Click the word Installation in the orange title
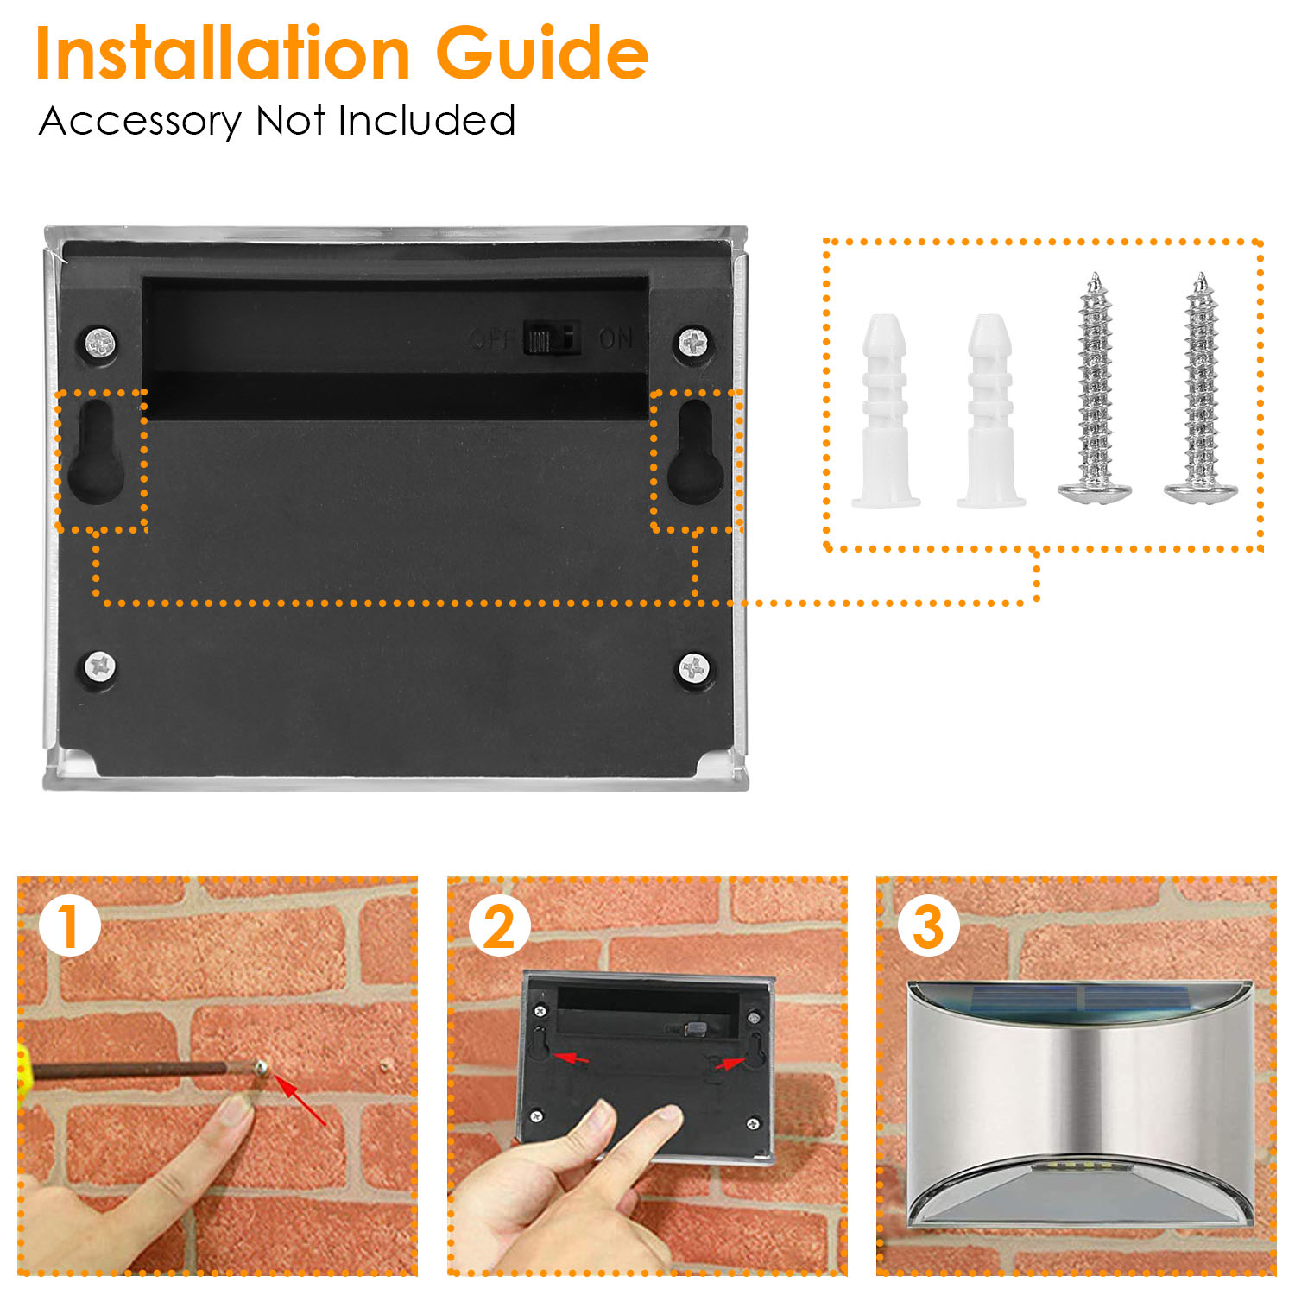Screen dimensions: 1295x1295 (223, 54)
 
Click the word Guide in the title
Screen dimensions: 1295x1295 (542, 54)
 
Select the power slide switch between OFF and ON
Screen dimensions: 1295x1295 (551, 338)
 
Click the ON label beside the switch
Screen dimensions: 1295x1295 (616, 338)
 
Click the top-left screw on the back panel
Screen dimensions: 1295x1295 (100, 344)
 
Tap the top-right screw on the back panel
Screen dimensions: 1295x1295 (694, 344)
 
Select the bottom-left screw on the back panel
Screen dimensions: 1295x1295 (100, 666)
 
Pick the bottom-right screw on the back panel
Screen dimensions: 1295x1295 (694, 666)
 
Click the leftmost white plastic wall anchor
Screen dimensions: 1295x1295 (885, 411)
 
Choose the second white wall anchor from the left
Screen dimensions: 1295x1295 (990, 411)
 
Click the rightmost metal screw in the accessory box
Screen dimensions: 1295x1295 (1201, 388)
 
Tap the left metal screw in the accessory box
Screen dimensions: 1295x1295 (1096, 388)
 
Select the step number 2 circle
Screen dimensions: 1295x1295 (500, 926)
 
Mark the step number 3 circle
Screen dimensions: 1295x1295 (929, 926)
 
